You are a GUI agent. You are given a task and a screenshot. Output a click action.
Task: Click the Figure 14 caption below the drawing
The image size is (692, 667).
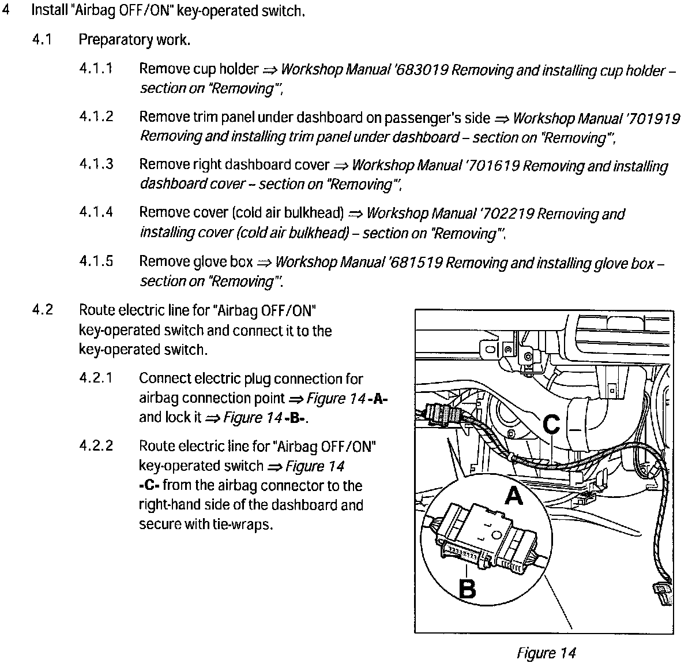(546, 653)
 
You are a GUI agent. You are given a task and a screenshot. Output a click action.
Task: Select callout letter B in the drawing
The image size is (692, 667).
(467, 589)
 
